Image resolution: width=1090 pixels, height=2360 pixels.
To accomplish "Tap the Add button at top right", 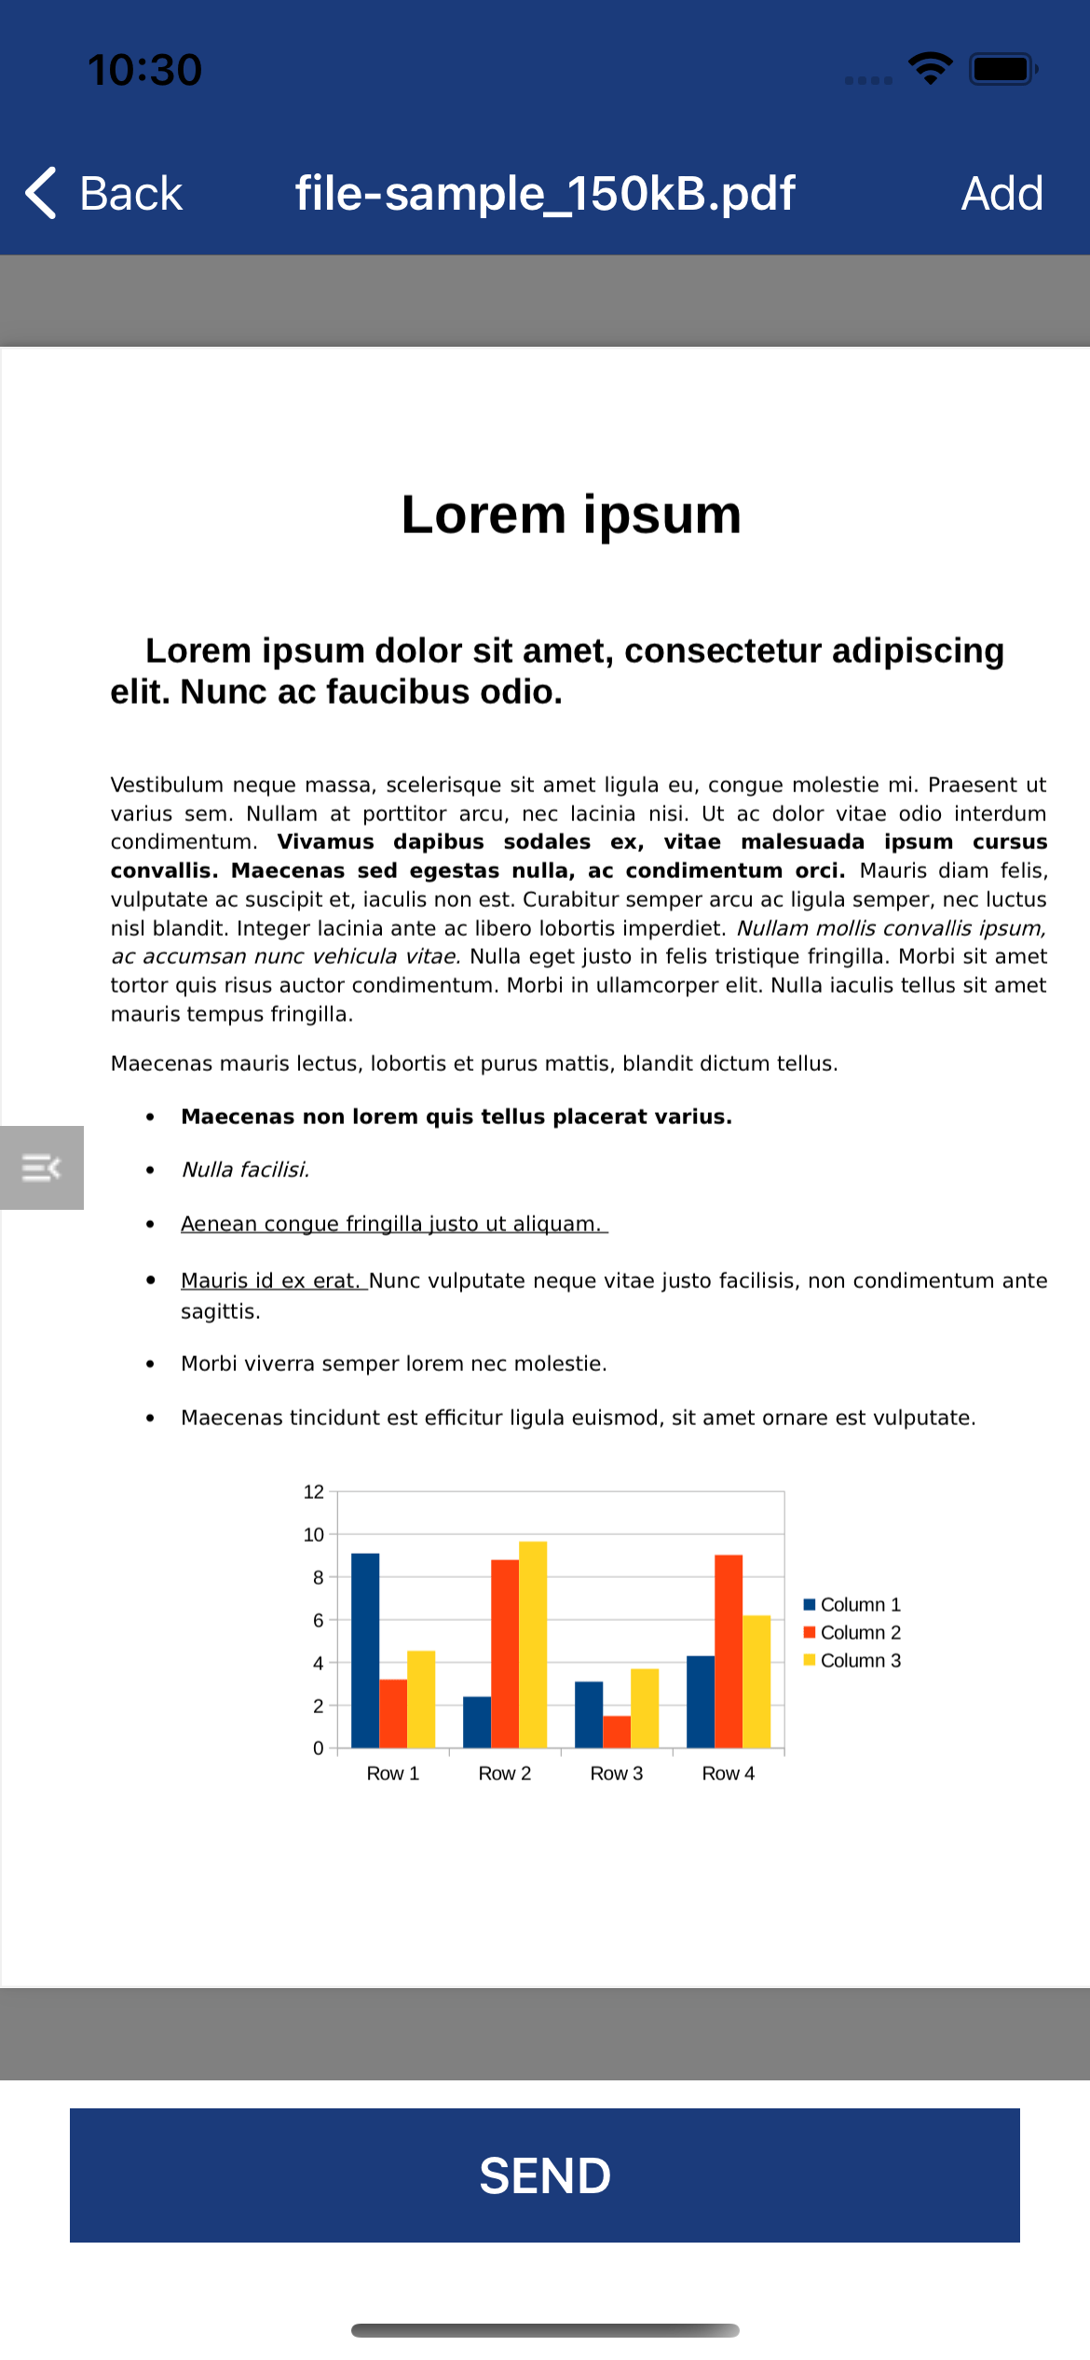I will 1001,194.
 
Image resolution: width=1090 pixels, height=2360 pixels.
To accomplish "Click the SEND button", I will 545,2175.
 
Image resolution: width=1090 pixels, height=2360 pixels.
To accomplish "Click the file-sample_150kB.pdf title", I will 545,194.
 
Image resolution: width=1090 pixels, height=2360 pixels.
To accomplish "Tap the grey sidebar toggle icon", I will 42,1168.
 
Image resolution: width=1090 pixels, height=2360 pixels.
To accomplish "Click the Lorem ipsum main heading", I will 571,515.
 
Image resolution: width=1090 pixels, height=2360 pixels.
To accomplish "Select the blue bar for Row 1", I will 365,1650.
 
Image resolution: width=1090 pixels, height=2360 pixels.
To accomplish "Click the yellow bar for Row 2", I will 533,1645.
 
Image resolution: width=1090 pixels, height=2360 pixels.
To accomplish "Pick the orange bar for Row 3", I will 617,1732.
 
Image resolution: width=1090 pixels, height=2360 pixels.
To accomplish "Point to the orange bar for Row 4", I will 729,1652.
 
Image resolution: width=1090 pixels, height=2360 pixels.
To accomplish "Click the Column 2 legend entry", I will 852,1633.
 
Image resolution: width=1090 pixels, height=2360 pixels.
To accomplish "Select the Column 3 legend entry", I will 852,1661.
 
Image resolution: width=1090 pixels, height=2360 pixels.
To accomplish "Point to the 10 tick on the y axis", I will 314,1535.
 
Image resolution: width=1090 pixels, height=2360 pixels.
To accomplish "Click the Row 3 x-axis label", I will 617,1774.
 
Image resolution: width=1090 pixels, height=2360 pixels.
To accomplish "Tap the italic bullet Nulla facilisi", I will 245,1170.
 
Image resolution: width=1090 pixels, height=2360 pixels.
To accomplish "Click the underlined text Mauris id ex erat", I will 272,1281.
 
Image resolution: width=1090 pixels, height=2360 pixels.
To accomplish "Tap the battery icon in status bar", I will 1002,70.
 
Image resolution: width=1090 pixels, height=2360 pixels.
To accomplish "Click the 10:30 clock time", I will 144,70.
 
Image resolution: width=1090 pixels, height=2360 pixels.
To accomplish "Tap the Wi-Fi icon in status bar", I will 930,68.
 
